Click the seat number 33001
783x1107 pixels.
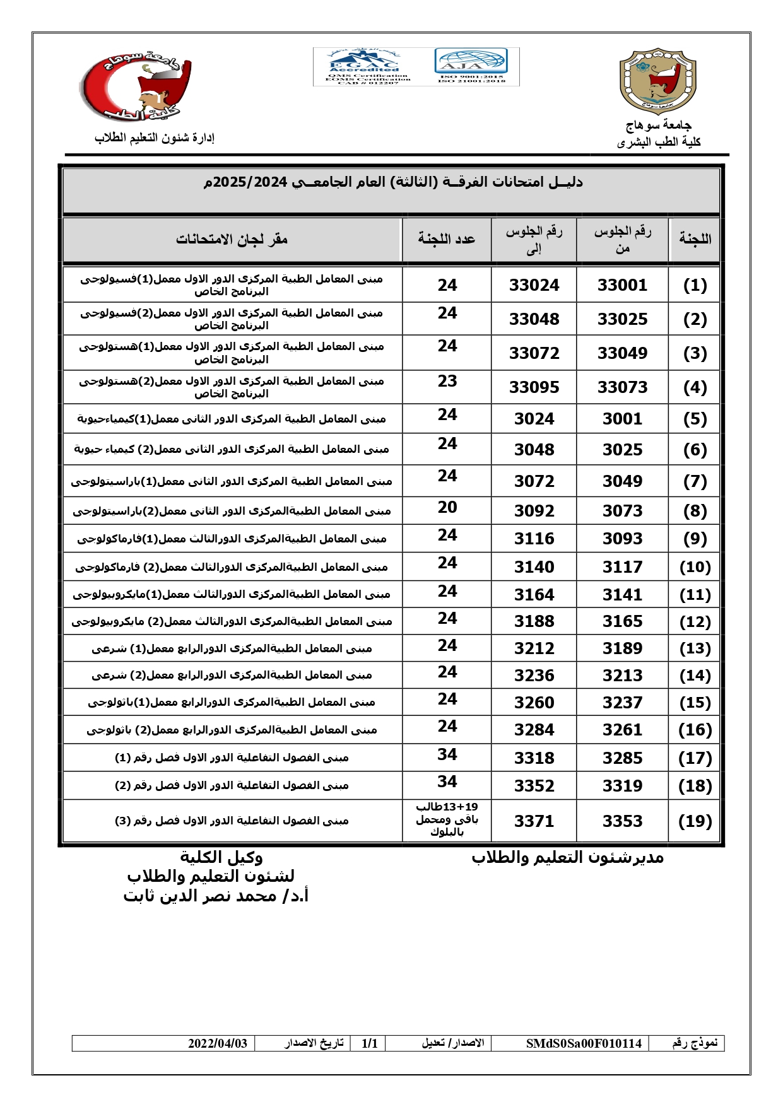(x=622, y=285)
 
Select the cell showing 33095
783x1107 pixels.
(x=534, y=387)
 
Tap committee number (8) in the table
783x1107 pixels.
(x=695, y=511)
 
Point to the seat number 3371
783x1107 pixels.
(x=534, y=821)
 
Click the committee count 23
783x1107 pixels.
(x=447, y=381)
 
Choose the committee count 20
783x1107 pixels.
(x=447, y=507)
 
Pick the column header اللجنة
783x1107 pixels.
(x=695, y=239)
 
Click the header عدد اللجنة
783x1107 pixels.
(x=447, y=239)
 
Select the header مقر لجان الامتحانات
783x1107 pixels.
(x=232, y=239)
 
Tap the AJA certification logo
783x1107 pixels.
(x=471, y=66)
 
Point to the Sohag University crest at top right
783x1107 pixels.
(x=657, y=81)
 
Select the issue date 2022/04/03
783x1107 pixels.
(x=218, y=1043)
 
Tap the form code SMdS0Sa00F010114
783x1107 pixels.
(x=584, y=1043)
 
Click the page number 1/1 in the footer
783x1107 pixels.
(x=370, y=1043)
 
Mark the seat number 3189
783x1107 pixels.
(x=622, y=648)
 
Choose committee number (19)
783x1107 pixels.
(x=695, y=821)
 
